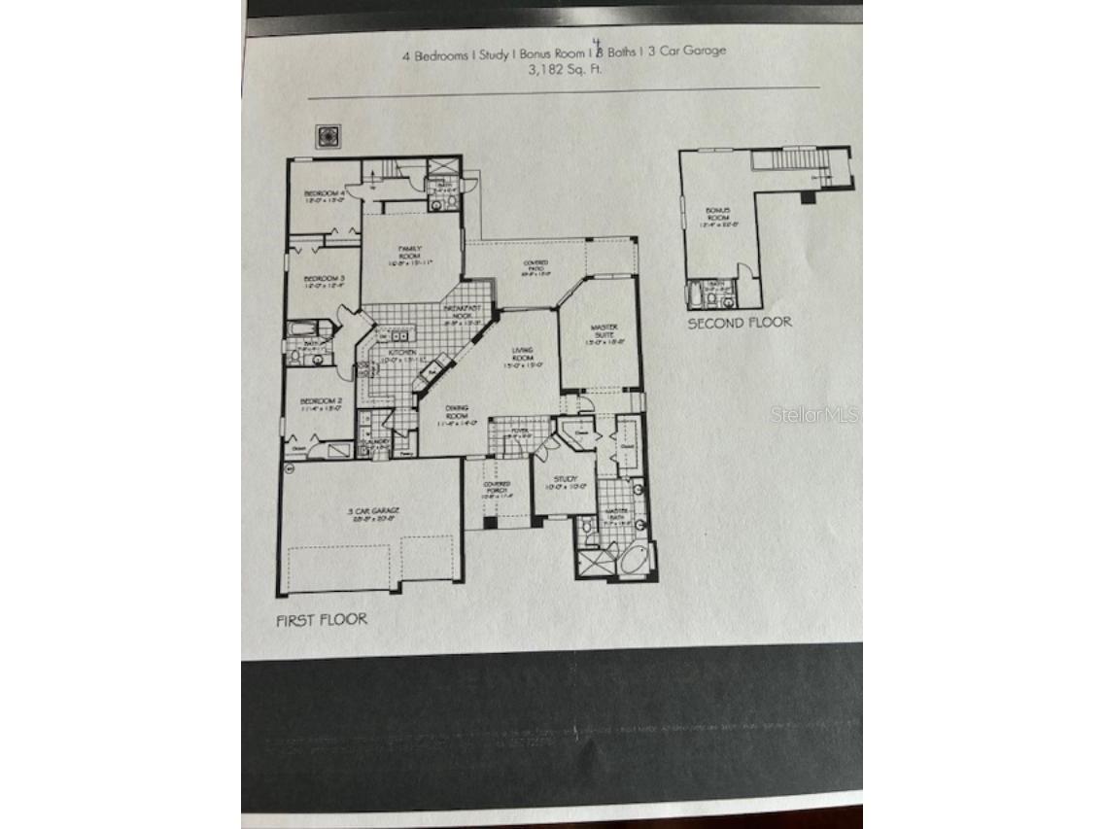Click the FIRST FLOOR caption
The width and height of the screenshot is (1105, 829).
[322, 619]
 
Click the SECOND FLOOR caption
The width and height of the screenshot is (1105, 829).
[740, 323]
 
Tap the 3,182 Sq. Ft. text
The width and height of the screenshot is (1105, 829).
[565, 70]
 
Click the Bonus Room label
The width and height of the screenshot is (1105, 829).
[719, 213]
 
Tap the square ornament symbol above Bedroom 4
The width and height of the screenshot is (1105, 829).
[328, 138]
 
